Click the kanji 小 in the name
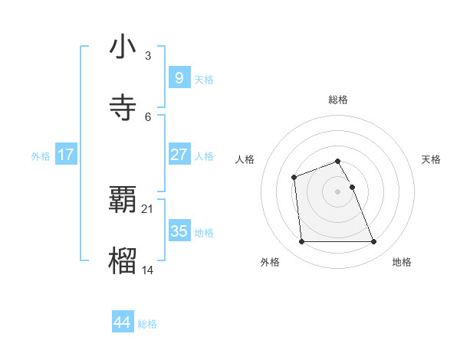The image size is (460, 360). point(123,47)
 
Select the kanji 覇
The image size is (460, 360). point(123,199)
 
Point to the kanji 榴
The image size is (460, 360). point(123,260)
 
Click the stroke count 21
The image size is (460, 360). point(148,208)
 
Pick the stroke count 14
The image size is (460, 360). point(148,270)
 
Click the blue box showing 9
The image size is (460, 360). point(179,77)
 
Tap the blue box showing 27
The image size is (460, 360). point(179,155)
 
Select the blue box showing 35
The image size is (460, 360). point(179,231)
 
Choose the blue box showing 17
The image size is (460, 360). point(66,155)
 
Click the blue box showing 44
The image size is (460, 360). point(122,322)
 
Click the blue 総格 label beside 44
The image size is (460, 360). point(147,324)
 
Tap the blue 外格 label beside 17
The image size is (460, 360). point(41,156)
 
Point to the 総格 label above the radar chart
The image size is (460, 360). point(338,100)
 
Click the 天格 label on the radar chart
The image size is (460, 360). point(432,159)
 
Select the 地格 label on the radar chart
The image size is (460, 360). point(402,262)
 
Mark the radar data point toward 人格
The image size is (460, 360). point(294,178)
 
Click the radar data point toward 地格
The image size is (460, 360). point(373,242)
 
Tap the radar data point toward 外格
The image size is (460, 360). point(301,242)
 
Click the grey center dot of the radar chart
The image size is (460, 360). point(338,191)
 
